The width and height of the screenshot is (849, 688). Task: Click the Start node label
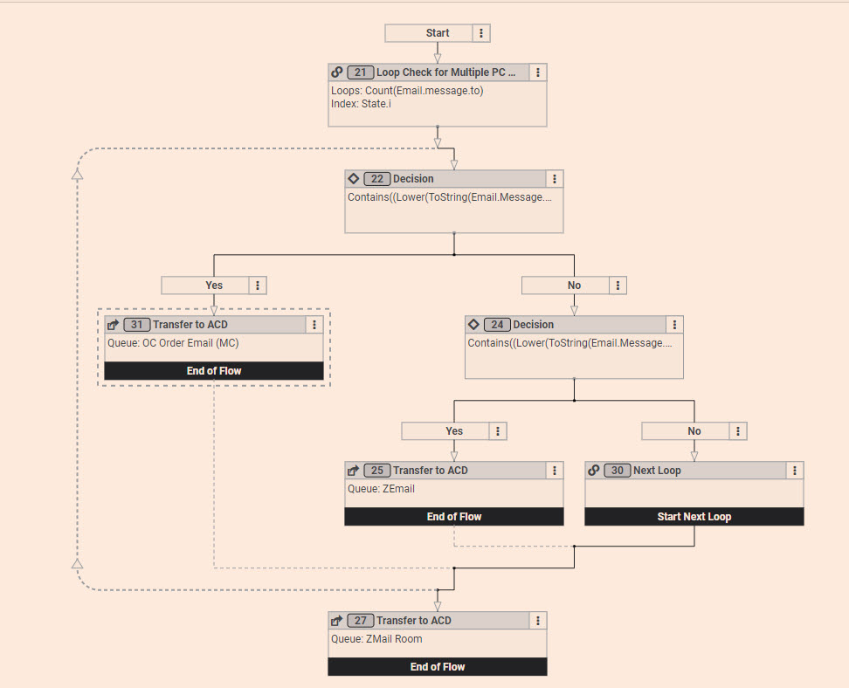437,33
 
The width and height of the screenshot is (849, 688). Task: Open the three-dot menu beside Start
482,33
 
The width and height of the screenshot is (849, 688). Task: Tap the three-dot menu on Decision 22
554,179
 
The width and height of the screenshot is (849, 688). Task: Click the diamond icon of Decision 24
473,325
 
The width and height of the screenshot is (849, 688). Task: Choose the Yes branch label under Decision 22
214,286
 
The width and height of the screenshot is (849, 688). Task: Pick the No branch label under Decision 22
574,286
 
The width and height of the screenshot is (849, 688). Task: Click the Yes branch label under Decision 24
454,431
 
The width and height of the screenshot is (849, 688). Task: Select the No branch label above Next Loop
694,431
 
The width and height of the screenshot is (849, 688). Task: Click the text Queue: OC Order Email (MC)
173,343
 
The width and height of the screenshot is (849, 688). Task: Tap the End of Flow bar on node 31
214,371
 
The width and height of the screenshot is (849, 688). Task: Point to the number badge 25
376,471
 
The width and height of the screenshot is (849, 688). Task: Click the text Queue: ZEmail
381,489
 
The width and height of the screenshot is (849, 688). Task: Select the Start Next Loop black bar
694,517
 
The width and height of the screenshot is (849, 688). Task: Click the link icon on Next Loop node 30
594,471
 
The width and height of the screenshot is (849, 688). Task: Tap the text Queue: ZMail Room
376,639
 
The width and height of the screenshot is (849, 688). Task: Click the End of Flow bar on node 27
437,667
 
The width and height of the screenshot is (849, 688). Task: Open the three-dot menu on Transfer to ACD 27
538,621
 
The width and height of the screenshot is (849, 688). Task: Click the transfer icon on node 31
114,325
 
